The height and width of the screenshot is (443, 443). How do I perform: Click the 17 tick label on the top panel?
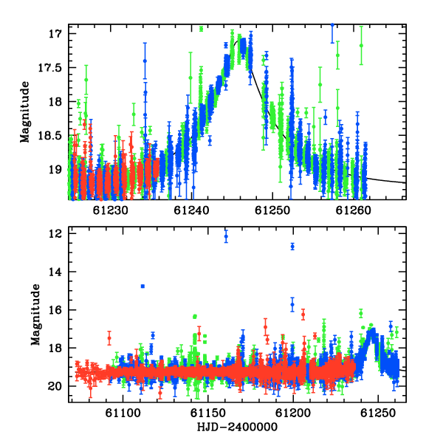55,34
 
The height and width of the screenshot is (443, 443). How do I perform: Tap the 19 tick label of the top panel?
55,170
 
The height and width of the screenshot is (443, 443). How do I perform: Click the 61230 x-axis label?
111,210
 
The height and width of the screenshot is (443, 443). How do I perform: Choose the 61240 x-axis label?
191,210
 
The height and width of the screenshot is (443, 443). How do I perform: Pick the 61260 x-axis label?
354,210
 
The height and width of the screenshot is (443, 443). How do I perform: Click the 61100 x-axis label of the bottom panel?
123,413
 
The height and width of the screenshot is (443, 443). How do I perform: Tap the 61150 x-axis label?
208,413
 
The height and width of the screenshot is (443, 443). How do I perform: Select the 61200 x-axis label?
293,413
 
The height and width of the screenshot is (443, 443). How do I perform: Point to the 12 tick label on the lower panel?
55,234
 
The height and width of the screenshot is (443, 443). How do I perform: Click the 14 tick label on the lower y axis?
55,272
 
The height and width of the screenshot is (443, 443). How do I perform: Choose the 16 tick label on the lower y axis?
55,310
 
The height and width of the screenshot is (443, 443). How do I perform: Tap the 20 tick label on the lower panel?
55,386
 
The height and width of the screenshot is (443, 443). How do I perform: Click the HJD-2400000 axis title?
237,427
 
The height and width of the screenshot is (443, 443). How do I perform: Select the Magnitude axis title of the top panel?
25,112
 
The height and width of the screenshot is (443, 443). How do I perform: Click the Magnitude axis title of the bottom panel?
35,315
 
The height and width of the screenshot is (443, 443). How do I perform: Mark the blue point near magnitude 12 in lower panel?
226,236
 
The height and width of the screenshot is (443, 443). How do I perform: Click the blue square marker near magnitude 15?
142,286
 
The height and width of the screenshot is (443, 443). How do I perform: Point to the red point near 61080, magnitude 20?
90,388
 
